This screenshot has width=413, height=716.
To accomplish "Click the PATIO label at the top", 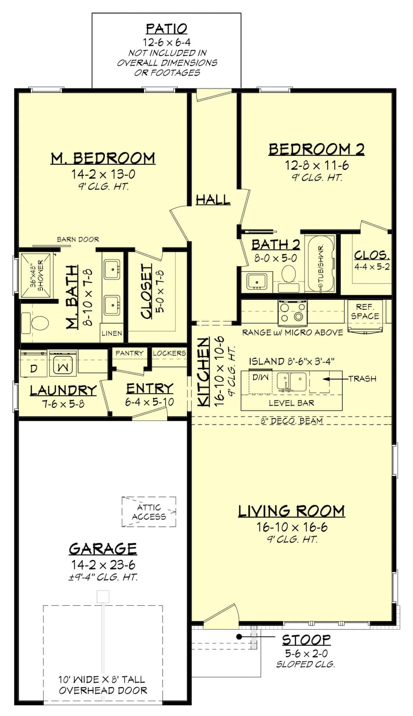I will (x=167, y=28).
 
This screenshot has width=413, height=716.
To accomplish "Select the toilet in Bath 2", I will (x=289, y=274).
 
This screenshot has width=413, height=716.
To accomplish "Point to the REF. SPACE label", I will (x=365, y=312).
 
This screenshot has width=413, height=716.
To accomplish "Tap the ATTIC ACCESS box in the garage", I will (x=149, y=512).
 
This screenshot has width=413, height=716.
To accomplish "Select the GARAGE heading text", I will (x=103, y=549).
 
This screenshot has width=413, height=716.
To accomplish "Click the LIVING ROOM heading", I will (x=291, y=511).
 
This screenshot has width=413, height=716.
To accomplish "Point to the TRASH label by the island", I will (x=362, y=379).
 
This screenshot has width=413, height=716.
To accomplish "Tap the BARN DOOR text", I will (x=78, y=239).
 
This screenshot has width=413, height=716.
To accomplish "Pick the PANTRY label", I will (x=129, y=353).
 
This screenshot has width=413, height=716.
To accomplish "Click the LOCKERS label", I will (x=169, y=353).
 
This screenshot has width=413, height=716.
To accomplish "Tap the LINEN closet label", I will (x=112, y=333).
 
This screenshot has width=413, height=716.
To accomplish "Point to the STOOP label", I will (x=306, y=640).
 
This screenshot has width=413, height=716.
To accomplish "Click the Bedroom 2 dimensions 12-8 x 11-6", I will (x=317, y=165).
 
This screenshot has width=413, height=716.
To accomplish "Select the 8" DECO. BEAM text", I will (x=292, y=421).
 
